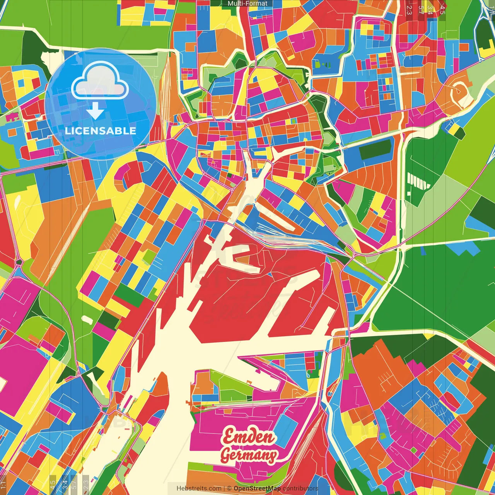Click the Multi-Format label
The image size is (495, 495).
(247, 3)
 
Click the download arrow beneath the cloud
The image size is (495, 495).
(95, 112)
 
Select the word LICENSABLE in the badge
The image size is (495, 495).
(101, 131)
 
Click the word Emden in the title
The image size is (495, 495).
(249, 437)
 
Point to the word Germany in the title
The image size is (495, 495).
(249, 455)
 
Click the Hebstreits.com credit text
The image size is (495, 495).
(199, 488)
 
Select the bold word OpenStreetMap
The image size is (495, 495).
(257, 488)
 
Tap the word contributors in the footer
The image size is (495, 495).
(300, 488)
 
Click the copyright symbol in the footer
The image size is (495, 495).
(229, 488)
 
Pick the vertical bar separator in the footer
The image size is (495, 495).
(224, 488)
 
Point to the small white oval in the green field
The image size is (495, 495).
(87, 319)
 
